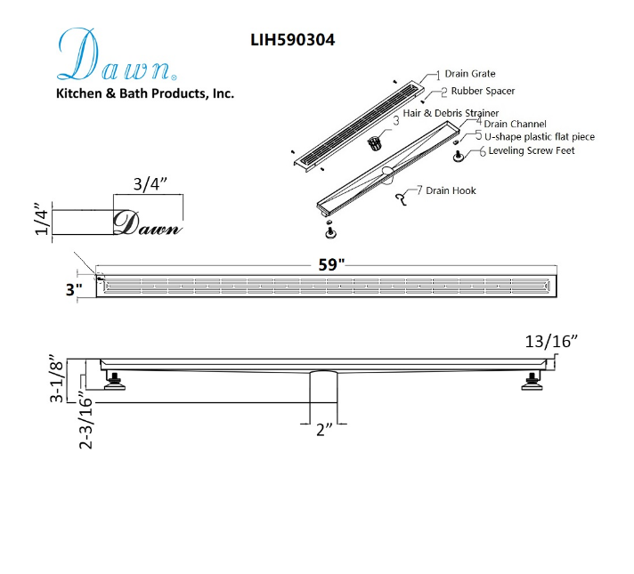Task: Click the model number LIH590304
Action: pyautogui.click(x=293, y=40)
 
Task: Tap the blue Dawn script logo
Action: pyautogui.click(x=117, y=54)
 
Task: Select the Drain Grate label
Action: pyautogui.click(x=470, y=74)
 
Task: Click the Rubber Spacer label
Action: pyautogui.click(x=483, y=91)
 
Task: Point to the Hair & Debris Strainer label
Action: pyautogui.click(x=451, y=113)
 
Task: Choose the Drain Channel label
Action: pyautogui.click(x=515, y=124)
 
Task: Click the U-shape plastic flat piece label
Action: pyautogui.click(x=540, y=137)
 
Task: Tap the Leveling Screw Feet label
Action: pyautogui.click(x=532, y=150)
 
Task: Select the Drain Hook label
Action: pyautogui.click(x=451, y=190)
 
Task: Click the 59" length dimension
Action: pyautogui.click(x=331, y=265)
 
